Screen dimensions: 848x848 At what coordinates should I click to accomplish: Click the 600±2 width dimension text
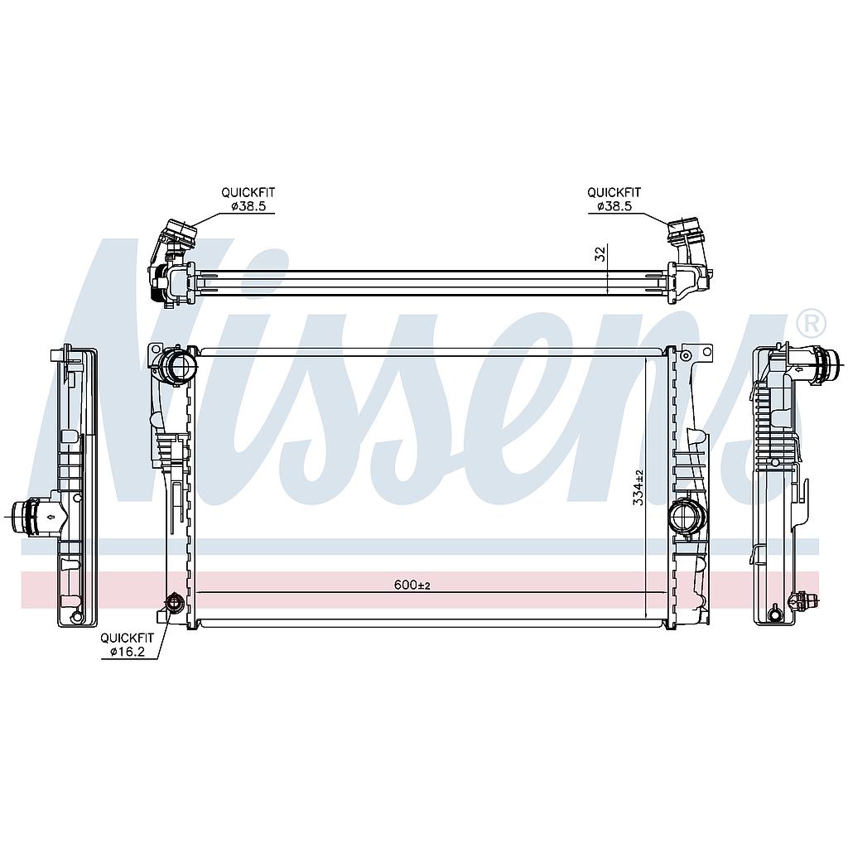coord(412,585)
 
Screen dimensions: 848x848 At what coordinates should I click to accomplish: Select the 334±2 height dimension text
coord(638,487)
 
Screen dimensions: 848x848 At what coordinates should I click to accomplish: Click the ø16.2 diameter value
coord(128,653)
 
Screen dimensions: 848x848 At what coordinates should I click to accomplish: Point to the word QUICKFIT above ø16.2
coord(128,638)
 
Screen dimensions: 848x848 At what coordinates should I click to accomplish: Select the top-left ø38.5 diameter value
coord(248,206)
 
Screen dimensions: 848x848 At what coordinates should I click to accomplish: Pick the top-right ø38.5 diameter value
coord(614,206)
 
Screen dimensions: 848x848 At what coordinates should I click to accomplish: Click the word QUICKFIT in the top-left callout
coord(248,192)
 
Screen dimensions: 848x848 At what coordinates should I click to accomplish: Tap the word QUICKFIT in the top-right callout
coord(614,192)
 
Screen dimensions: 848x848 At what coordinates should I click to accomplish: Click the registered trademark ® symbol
coord(810,321)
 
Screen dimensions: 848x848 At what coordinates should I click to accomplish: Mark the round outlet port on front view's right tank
coord(687,518)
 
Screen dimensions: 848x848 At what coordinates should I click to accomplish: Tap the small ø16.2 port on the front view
coord(174,602)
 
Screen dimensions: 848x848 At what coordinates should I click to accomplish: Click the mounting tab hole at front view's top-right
coord(706,352)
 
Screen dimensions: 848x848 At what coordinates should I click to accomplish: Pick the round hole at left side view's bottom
coord(77,616)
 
